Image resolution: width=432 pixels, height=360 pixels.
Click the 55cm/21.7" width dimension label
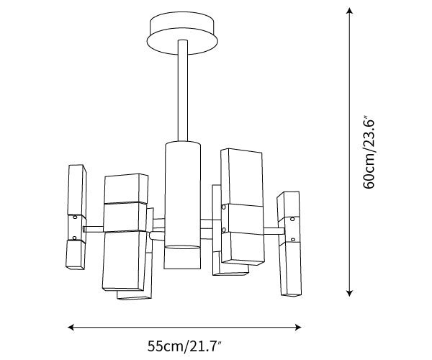185,346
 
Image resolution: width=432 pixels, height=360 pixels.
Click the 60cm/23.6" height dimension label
369,153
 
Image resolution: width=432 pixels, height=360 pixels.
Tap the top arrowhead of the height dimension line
350,11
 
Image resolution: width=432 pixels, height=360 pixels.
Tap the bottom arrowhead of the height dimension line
350,292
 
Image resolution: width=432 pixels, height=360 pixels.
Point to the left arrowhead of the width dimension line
71,327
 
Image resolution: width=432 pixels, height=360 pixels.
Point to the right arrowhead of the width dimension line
298,327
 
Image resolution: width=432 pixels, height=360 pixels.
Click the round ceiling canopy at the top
182,33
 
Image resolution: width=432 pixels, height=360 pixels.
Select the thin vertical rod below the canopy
183,91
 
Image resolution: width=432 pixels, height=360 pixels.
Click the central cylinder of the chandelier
182,205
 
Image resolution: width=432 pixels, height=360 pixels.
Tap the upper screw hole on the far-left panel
75,217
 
